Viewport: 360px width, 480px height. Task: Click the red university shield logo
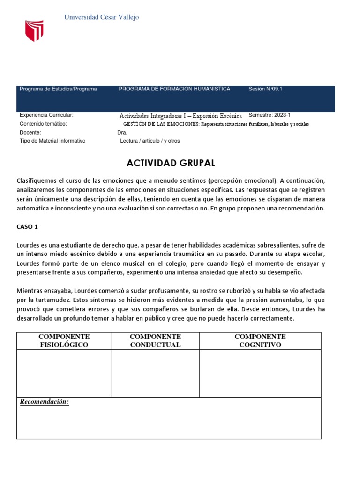pyautogui.click(x=34, y=30)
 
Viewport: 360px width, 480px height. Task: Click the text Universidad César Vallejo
pyautogui.click(x=101, y=17)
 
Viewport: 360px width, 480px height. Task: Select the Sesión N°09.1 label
pyautogui.click(x=265, y=89)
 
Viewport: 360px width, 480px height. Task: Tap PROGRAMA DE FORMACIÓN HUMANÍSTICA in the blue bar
pyautogui.click(x=174, y=89)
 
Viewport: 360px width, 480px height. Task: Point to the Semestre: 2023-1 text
pyautogui.click(x=270, y=115)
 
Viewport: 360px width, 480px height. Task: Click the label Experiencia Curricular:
pyautogui.click(x=46, y=115)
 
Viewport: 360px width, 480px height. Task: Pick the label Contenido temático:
pyautogui.click(x=43, y=124)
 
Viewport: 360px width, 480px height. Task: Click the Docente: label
pyautogui.click(x=30, y=132)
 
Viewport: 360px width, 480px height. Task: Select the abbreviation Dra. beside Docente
pyautogui.click(x=122, y=133)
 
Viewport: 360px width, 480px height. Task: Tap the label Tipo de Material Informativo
pyautogui.click(x=52, y=141)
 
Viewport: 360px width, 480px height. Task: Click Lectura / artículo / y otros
pyautogui.click(x=150, y=141)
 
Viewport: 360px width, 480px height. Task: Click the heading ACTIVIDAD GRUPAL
pyautogui.click(x=171, y=163)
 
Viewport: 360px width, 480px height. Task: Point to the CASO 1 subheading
pyautogui.click(x=27, y=226)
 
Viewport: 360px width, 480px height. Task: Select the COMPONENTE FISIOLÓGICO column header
pyautogui.click(x=64, y=341)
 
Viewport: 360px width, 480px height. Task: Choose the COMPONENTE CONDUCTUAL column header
pyautogui.click(x=155, y=341)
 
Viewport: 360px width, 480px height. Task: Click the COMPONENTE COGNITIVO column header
pyautogui.click(x=260, y=341)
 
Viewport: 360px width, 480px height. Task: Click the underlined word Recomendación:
pyautogui.click(x=44, y=402)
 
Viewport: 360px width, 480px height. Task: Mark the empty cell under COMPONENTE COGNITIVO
pyautogui.click(x=260, y=374)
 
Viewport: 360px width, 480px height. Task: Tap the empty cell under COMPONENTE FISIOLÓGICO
pyautogui.click(x=64, y=374)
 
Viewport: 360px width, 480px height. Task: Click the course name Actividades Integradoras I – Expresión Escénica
pyautogui.click(x=180, y=116)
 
